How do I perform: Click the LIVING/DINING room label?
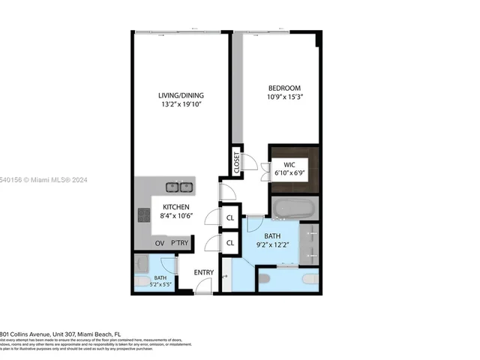coord(180,95)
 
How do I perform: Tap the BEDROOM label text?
coord(284,87)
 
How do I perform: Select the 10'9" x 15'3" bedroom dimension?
coord(284,97)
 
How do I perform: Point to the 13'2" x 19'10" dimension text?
coord(180,105)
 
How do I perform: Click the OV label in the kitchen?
coord(159,244)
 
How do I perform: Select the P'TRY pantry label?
coord(178,244)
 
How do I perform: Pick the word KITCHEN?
coord(174,207)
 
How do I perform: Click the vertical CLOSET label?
coord(237,163)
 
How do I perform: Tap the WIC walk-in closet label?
coord(289,164)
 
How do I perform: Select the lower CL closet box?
coord(231,243)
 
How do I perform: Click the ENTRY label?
coord(204,272)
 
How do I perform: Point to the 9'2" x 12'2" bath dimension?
coord(272,244)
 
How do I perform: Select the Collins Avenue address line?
coord(60,334)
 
